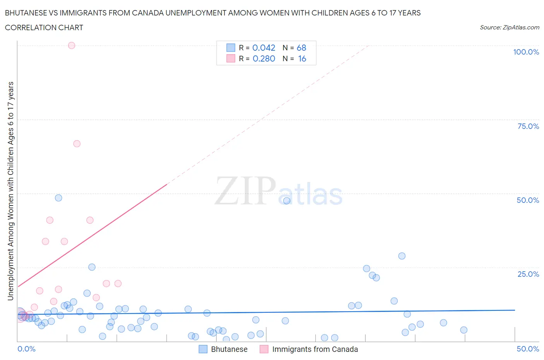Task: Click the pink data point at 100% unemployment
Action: point(72,45)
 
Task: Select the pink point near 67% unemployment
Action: point(77,144)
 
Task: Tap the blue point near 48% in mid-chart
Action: point(287,201)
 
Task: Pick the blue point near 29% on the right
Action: point(402,256)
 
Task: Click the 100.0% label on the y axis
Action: point(526,52)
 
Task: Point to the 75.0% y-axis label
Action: point(528,126)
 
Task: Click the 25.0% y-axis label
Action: point(528,274)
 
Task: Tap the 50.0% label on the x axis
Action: point(528,349)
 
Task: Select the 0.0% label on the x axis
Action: point(26,349)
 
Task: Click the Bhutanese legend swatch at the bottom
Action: point(203,349)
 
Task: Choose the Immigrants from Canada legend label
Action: point(315,349)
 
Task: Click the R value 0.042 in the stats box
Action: point(263,48)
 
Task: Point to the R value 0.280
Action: point(263,58)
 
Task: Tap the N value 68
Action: point(301,48)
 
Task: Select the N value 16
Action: point(302,58)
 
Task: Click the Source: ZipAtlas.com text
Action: point(509,27)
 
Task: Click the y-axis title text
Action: point(10,191)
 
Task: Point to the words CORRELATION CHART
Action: point(44,27)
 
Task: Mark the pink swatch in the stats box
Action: point(231,58)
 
